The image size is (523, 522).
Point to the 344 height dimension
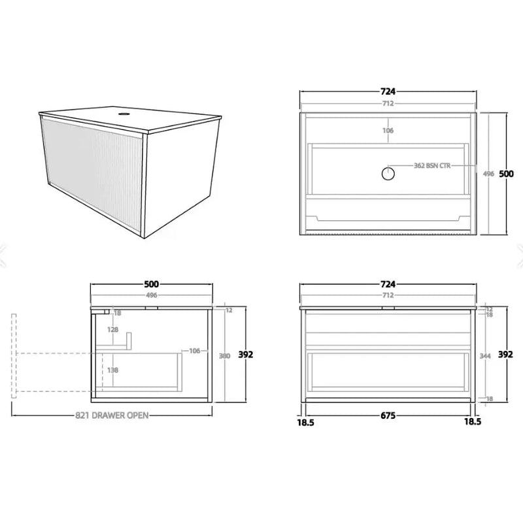[x=485, y=356]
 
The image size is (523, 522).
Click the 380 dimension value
[x=225, y=356]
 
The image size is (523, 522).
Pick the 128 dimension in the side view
[x=113, y=330]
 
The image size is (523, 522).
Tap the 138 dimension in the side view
[x=113, y=370]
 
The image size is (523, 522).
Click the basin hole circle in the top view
[x=388, y=173]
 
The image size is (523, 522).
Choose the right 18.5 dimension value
[x=473, y=422]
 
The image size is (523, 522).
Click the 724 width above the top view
[x=388, y=91]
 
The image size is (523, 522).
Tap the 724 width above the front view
[x=388, y=284]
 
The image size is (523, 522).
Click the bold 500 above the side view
[x=151, y=284]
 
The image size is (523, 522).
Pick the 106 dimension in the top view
[x=388, y=130]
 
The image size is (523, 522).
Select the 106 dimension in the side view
[x=194, y=351]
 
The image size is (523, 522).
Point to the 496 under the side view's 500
[x=151, y=295]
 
